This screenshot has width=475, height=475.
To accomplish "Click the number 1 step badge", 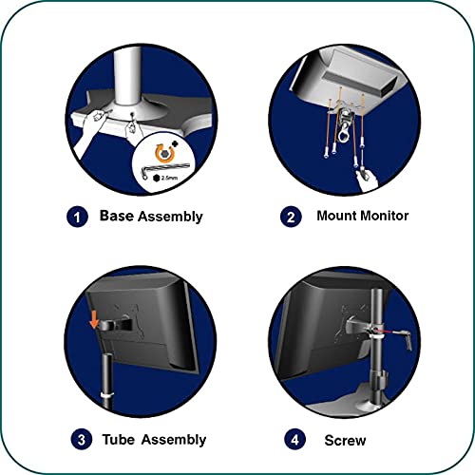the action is point(77,217).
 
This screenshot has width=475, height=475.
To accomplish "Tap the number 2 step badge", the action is point(291,217).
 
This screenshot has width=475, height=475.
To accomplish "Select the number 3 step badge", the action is point(82,439).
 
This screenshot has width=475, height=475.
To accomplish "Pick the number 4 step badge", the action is point(294,439).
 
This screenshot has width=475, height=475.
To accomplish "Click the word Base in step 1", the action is point(117,216).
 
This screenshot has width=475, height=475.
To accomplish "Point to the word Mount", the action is point(336,216).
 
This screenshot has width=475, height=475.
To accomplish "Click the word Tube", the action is point(119,440).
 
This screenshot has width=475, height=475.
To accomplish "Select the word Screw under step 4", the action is point(345,440).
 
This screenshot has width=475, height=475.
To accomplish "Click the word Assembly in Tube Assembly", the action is point(174,440).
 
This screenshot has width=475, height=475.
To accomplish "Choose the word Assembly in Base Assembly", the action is point(170,217).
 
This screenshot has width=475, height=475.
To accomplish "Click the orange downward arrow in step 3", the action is point(94,319).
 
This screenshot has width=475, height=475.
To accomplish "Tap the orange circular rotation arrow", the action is point(164,153).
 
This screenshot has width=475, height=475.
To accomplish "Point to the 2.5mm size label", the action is point(169,178).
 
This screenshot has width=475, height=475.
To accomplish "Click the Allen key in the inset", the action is point(164,170).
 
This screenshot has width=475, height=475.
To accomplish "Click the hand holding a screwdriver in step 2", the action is point(367,180).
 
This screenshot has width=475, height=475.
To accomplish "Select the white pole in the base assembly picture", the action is point(127,78).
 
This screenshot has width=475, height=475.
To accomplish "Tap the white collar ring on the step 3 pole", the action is point(107,396).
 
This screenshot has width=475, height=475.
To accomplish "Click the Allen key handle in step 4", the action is point(408,341).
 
